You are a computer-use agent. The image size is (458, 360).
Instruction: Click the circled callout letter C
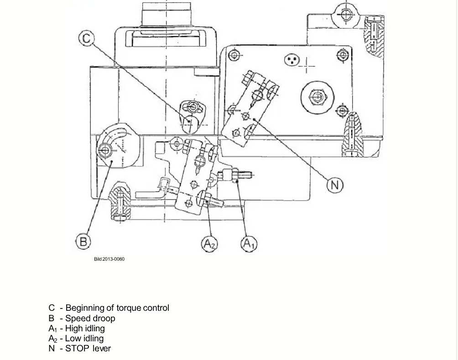(x=87, y=39)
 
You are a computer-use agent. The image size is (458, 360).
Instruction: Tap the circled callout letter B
(x=83, y=242)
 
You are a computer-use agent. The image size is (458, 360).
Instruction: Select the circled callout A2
(x=210, y=244)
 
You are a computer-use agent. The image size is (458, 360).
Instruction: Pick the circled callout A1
(x=249, y=243)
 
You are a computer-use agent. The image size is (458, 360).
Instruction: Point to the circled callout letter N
(x=335, y=185)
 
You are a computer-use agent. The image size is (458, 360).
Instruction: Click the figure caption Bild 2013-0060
(x=109, y=259)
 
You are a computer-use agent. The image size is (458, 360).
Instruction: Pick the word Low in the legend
(x=72, y=339)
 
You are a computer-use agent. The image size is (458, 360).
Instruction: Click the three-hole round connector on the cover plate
(x=292, y=60)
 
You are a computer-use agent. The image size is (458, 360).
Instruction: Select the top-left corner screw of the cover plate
(x=234, y=55)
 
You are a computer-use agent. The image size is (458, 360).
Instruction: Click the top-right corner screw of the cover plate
(x=342, y=55)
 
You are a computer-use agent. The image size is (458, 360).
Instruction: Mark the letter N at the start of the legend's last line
(x=52, y=348)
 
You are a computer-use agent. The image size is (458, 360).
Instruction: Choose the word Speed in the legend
(x=76, y=318)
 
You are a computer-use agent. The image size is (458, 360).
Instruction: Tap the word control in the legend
(x=156, y=308)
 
